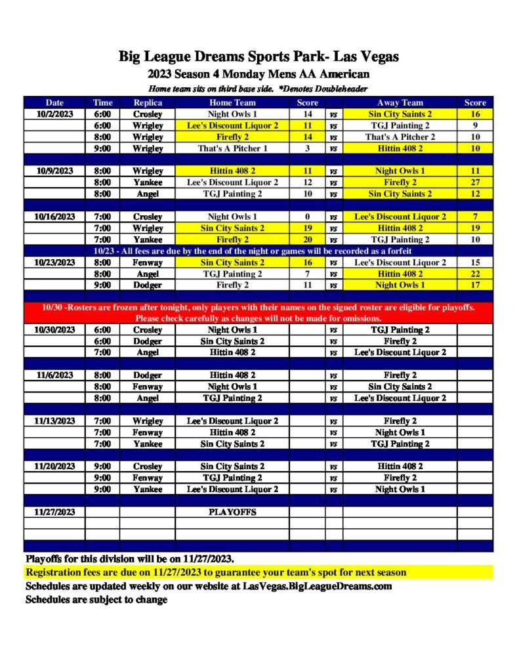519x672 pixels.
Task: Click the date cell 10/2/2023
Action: tap(54, 114)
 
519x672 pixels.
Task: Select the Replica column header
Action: tap(148, 102)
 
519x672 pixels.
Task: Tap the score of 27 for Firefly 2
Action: tap(475, 182)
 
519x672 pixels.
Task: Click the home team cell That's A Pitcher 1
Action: tap(232, 148)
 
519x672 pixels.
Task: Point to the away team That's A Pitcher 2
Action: tap(400, 137)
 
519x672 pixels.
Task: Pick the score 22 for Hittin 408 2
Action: tap(475, 274)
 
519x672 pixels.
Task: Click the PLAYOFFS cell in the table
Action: tap(232, 512)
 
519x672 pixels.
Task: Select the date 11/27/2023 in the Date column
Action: tap(54, 512)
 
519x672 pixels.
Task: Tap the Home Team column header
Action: tap(232, 102)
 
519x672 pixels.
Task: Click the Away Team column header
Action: tap(400, 102)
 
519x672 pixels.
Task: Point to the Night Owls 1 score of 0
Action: tap(307, 217)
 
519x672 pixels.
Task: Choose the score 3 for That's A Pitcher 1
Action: tap(307, 148)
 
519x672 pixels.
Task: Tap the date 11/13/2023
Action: tap(54, 421)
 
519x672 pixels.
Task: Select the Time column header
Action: tap(102, 102)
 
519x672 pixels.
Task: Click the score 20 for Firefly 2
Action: tap(307, 240)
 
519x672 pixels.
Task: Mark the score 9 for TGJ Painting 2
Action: tap(475, 125)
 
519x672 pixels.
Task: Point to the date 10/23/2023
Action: tap(54, 262)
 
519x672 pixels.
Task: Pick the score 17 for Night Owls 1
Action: tap(475, 285)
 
